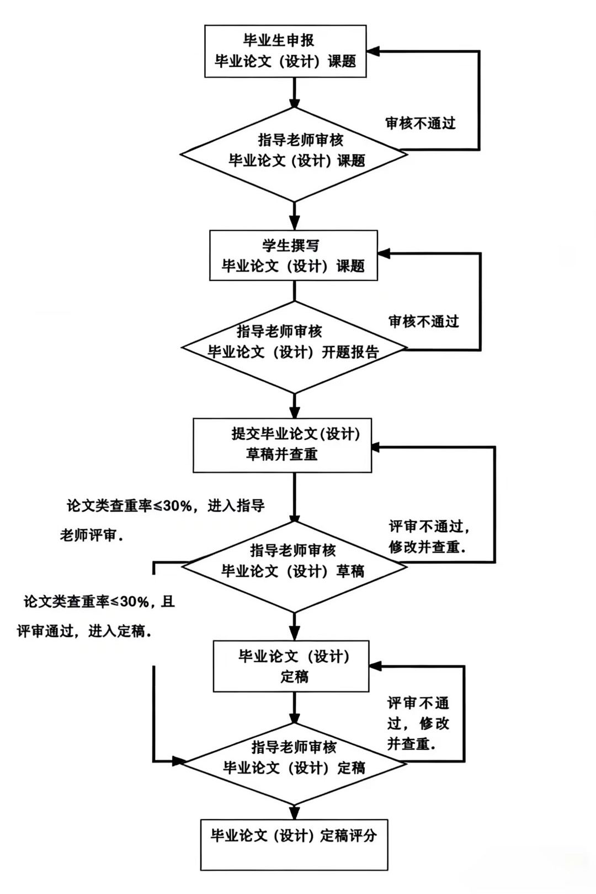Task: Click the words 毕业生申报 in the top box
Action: click(279, 40)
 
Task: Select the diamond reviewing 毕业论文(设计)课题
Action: click(294, 154)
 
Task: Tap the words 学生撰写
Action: click(290, 245)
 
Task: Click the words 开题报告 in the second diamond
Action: click(350, 352)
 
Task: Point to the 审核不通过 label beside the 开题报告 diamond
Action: click(424, 321)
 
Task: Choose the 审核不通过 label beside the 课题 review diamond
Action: click(421, 123)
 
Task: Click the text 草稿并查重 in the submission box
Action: click(281, 454)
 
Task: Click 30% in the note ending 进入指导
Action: click(176, 505)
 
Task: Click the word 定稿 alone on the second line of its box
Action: click(294, 677)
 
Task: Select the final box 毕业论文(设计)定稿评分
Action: click(294, 844)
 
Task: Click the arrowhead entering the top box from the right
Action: click(373, 52)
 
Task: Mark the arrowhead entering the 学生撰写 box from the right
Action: click(384, 254)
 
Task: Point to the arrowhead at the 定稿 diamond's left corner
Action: click(178, 762)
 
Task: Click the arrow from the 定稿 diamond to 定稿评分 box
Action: click(294, 812)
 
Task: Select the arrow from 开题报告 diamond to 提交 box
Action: click(295, 407)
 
